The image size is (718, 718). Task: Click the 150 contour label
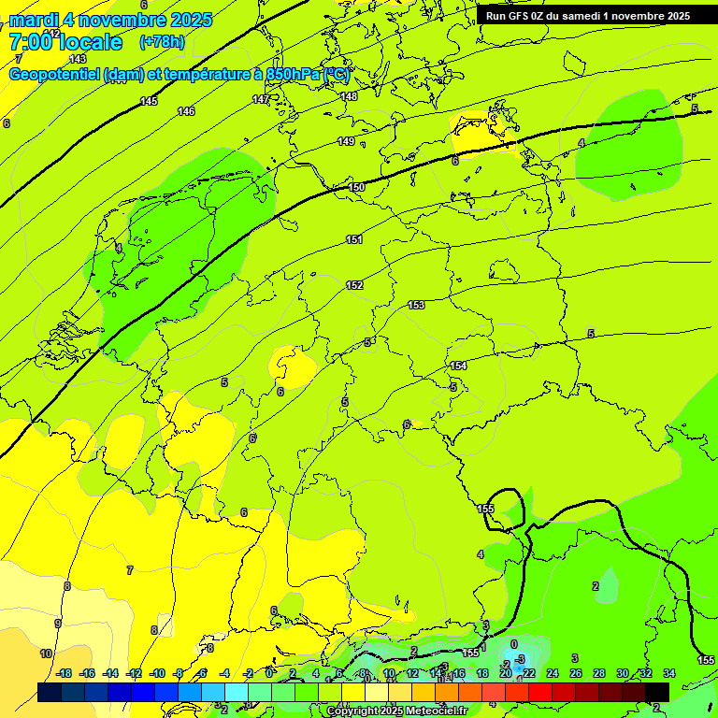pyautogui.click(x=356, y=188)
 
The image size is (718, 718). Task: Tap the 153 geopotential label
pyautogui.click(x=416, y=306)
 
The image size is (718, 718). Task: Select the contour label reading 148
pyautogui.click(x=349, y=96)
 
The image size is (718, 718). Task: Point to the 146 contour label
pyautogui.click(x=186, y=111)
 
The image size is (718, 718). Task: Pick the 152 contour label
pyautogui.click(x=354, y=285)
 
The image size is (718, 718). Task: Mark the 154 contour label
pyautogui.click(x=458, y=366)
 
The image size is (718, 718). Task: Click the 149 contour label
pyautogui.click(x=346, y=141)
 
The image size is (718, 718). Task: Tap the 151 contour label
pyautogui.click(x=353, y=240)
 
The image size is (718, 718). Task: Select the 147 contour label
pyautogui.click(x=261, y=99)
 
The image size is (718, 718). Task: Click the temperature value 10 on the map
pyautogui.click(x=45, y=653)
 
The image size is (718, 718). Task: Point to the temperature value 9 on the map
pyautogui.click(x=58, y=624)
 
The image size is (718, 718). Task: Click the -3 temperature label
pyautogui.click(x=520, y=659)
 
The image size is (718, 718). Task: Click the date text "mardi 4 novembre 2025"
pyautogui.click(x=110, y=20)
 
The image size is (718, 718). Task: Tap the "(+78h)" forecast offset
pyautogui.click(x=162, y=42)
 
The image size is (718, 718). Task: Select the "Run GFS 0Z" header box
pyautogui.click(x=587, y=16)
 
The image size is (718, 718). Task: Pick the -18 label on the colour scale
pyautogui.click(x=64, y=673)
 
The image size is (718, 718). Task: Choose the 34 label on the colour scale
pyautogui.click(x=669, y=673)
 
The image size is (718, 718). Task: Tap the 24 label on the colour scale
pyautogui.click(x=553, y=673)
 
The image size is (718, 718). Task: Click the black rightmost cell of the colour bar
pyautogui.click(x=657, y=692)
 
